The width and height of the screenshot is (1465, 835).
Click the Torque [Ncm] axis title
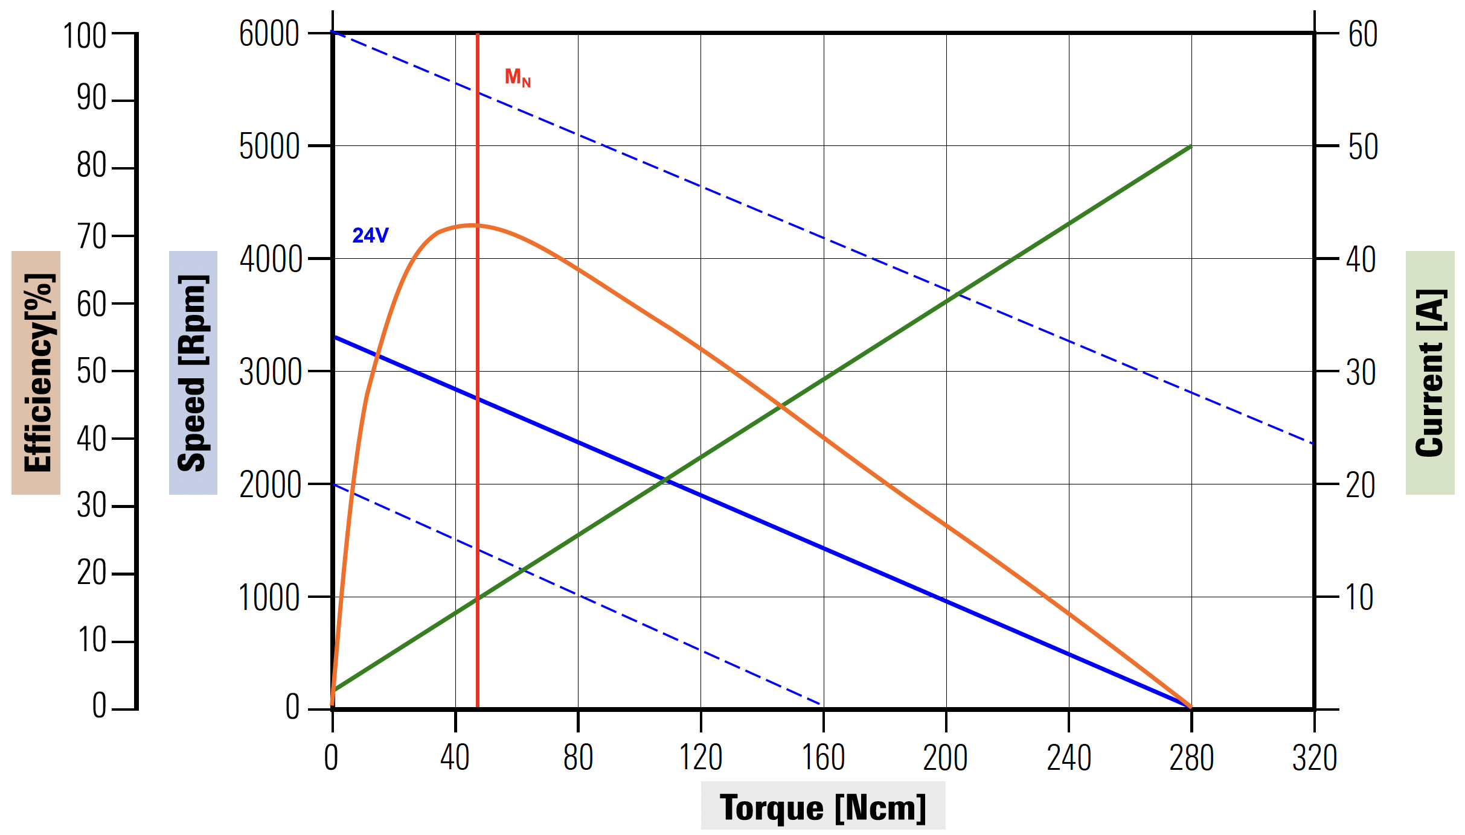click(822, 807)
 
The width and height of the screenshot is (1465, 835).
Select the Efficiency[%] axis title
click(37, 373)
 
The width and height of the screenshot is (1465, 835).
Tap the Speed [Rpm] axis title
click(193, 373)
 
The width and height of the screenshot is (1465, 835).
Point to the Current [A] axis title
click(1430, 373)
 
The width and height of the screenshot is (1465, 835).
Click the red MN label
click(518, 77)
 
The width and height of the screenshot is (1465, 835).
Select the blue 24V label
click(370, 235)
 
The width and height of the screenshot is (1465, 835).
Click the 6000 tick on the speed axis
click(269, 34)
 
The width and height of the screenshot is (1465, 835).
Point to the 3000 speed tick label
click(270, 372)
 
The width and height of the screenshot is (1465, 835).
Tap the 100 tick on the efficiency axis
click(85, 36)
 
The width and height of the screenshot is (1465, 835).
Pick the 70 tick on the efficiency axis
click(91, 237)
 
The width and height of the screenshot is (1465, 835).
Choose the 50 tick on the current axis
click(1363, 147)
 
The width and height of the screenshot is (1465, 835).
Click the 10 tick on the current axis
click(1359, 598)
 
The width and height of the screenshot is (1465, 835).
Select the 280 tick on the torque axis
click(1191, 758)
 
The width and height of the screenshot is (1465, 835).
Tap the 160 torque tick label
click(823, 758)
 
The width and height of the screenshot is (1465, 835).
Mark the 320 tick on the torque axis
click(1315, 758)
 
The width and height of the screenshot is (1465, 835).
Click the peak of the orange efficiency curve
click(473, 225)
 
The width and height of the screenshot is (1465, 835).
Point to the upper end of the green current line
click(1190, 146)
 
